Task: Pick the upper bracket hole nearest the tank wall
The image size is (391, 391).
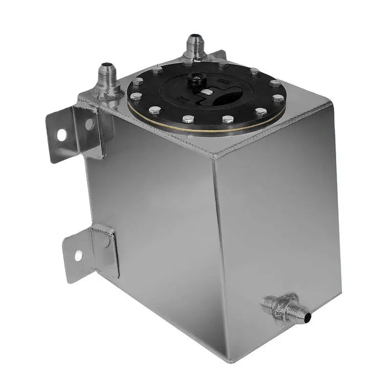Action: (89, 124)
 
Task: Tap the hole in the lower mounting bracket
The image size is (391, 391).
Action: (78, 255)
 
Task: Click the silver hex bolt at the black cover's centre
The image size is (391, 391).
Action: (207, 92)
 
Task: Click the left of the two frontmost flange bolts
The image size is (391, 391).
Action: (187, 118)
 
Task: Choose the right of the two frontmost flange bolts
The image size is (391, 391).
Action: (226, 119)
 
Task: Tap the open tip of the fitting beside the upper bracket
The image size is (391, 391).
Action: (105, 65)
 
